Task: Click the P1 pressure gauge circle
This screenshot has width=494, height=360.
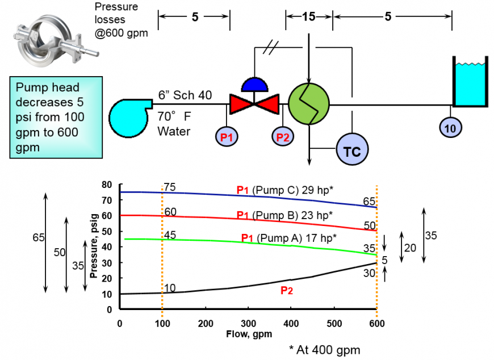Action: pos(226,136)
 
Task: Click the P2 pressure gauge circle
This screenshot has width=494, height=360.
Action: pos(282,136)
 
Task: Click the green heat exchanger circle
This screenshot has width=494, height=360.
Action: pos(309,104)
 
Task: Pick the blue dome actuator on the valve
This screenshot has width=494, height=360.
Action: pos(254,85)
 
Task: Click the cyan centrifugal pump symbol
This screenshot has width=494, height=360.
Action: pos(129,116)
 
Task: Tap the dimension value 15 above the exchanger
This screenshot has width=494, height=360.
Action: pos(308,16)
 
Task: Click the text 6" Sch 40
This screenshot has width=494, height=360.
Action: pos(185,94)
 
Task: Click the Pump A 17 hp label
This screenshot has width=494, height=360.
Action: pos(289,238)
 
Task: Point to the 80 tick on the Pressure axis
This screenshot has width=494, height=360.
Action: pos(108,185)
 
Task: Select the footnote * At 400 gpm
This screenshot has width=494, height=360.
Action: pos(324,350)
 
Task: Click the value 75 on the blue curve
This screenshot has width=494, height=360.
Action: pos(169,187)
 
